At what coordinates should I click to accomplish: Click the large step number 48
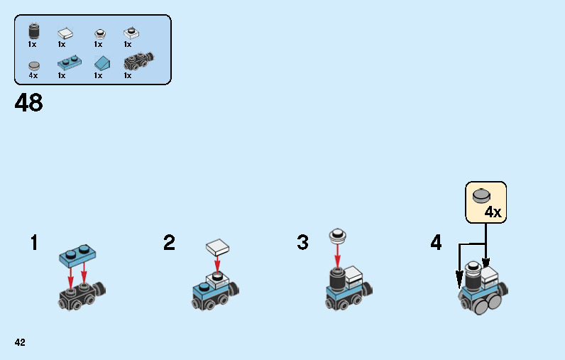(x=29, y=102)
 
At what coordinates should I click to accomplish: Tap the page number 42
(x=20, y=342)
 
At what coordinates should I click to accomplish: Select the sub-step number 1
(x=34, y=242)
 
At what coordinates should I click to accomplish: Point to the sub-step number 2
(x=169, y=242)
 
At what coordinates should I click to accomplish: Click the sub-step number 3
(x=302, y=242)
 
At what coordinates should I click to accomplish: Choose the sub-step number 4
(x=436, y=242)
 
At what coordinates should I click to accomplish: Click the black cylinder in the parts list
(x=34, y=31)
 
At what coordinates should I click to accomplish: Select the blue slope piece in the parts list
(x=102, y=63)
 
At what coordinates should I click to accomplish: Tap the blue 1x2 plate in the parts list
(x=69, y=62)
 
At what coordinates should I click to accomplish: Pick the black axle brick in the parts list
(x=138, y=61)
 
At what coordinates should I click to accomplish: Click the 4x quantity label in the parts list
(x=33, y=75)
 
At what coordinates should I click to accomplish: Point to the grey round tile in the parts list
(x=34, y=65)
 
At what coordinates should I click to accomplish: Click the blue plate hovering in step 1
(x=77, y=256)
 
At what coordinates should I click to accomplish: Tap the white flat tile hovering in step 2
(x=218, y=247)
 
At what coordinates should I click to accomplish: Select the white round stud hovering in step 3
(x=338, y=235)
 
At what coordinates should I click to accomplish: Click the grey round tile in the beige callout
(x=481, y=196)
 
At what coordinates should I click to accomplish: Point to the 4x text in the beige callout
(x=493, y=212)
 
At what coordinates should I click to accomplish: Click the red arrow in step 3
(x=337, y=256)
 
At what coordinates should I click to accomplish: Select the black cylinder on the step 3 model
(x=337, y=280)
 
